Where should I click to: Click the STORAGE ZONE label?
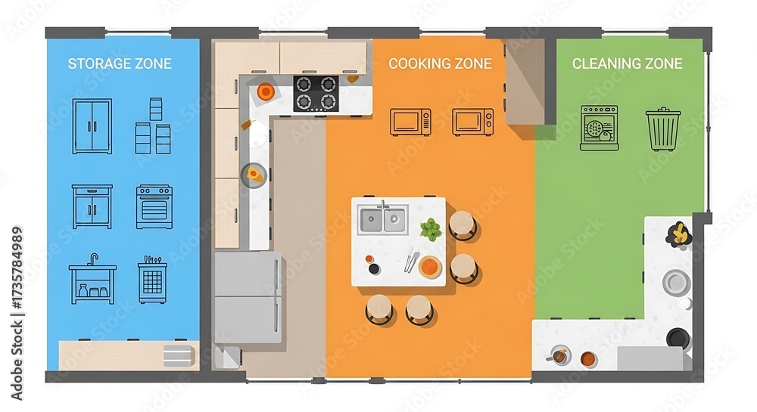pyautogui.click(x=120, y=64)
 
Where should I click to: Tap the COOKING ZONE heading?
pyautogui.click(x=440, y=64)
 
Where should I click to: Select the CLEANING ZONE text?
pyautogui.click(x=627, y=64)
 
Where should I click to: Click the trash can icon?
pyautogui.click(x=663, y=129)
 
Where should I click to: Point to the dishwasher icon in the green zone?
pyautogui.click(x=599, y=128)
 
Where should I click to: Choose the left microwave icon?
pyautogui.click(x=410, y=122)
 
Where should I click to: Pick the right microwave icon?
pyautogui.click(x=472, y=122)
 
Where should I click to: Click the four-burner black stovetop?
pyautogui.click(x=316, y=94)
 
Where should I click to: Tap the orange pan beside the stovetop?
pyautogui.click(x=266, y=91)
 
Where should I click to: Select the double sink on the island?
pyautogui.click(x=383, y=220)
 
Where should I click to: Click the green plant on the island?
pyautogui.click(x=431, y=229)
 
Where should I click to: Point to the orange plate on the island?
pyautogui.click(x=430, y=266)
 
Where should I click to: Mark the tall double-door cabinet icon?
pyautogui.click(x=92, y=126)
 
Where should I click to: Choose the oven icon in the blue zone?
pyautogui.click(x=154, y=206)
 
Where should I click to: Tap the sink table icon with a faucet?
pyautogui.click(x=92, y=279)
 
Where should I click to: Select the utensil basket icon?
pyautogui.click(x=153, y=280)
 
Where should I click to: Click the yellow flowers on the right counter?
pyautogui.click(x=679, y=234)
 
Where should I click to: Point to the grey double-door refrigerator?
pyautogui.click(x=248, y=297)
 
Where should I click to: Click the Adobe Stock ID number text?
pyautogui.click(x=17, y=313)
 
